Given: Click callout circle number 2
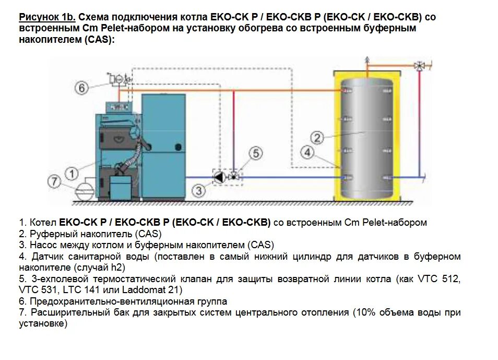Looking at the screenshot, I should pos(317,137).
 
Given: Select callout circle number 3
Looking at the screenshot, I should pos(198,191).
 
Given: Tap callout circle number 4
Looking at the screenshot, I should pos(308,153).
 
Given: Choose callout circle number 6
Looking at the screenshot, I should pos(82,88).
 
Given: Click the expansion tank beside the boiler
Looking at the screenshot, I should pos(83,190).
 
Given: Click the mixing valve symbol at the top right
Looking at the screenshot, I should pos(419,66).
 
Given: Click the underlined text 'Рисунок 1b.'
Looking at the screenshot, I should pos(48,17).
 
